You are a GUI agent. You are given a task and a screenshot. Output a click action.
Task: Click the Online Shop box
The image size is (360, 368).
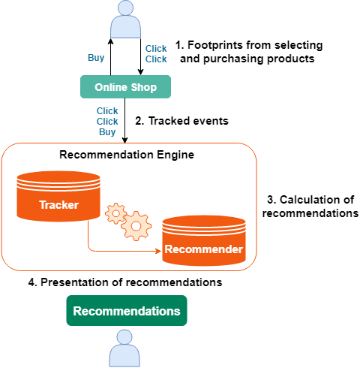click(125, 87)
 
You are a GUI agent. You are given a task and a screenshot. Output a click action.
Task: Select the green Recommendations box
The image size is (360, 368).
click(126, 311)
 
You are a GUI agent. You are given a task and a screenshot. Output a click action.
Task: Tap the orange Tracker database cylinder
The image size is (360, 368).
click(58, 198)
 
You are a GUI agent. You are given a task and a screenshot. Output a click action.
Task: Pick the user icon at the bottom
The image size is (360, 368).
click(125, 351)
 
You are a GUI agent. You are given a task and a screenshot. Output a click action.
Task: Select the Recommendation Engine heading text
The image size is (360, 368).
click(126, 155)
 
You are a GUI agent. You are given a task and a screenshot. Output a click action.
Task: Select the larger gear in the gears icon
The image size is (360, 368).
click(136, 225)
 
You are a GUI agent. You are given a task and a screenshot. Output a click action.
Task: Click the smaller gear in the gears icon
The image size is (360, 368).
click(115, 213)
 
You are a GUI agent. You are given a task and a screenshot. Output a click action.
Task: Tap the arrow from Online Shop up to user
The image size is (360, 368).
click(111, 57)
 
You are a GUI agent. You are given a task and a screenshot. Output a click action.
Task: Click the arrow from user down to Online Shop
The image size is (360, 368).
click(140, 57)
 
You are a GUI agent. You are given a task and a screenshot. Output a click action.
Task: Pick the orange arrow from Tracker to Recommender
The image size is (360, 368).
click(112, 249)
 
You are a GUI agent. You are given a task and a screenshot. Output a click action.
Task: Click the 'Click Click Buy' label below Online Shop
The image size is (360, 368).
click(107, 121)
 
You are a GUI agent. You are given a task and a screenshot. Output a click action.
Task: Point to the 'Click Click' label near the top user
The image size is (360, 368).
click(156, 54)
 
